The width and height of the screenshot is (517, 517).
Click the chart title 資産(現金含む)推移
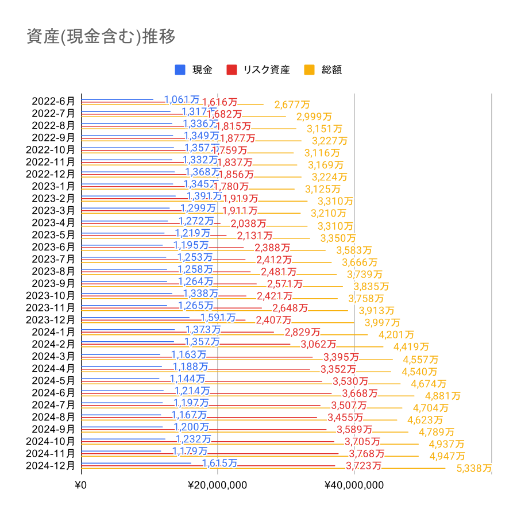[101, 36]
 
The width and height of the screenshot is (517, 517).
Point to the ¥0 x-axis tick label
[81, 485]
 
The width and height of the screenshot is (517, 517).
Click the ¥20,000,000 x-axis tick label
[218, 485]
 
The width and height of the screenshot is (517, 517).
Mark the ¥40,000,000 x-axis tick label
[354, 485]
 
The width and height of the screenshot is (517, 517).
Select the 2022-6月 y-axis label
[53, 101]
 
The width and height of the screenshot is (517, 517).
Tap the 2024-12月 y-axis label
[51, 465]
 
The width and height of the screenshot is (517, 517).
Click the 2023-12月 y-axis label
[51, 319]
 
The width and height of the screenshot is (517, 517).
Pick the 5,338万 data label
[474, 468]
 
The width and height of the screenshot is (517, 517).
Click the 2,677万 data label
[292, 105]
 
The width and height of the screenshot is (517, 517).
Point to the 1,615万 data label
[219, 463]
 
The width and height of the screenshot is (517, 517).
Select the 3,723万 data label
[363, 465]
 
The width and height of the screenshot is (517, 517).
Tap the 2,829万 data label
[302, 332]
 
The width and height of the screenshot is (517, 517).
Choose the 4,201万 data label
[396, 335]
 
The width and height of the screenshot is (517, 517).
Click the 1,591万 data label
[218, 317]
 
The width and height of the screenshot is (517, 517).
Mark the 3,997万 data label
[383, 323]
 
